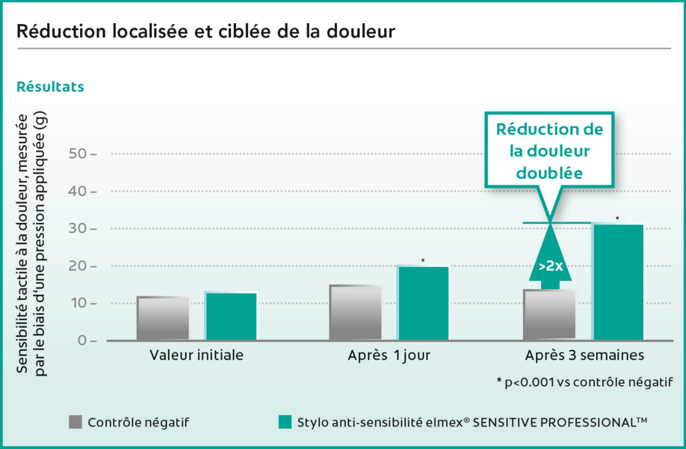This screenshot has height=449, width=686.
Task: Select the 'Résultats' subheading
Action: [x=50, y=87]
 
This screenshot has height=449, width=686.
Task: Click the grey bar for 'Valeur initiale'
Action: [x=163, y=318]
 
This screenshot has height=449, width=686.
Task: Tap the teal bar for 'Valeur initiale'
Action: [x=231, y=317]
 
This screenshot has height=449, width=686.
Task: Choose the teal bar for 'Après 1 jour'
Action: [x=423, y=303]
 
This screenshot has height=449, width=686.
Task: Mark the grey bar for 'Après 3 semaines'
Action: [x=549, y=315]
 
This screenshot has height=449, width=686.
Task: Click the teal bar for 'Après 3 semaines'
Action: [x=617, y=282]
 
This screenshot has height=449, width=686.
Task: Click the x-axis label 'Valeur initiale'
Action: [x=197, y=356]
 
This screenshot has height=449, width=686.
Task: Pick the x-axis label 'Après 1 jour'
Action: [x=389, y=356]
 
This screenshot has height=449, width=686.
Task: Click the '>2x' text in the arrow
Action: [x=550, y=265]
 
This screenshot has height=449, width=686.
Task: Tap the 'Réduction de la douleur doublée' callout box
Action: [x=550, y=150]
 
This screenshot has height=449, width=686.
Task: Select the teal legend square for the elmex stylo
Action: [x=284, y=422]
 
